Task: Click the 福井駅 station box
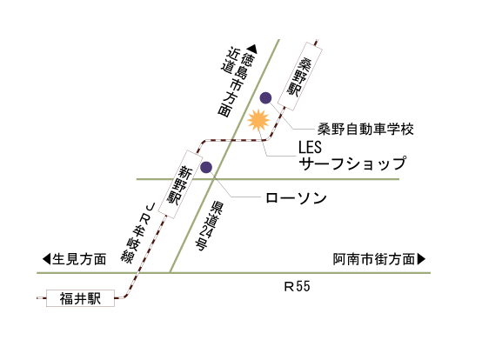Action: (x=80, y=298)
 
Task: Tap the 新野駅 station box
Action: (x=180, y=184)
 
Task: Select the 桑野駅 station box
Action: (x=300, y=77)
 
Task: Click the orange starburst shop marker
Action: (x=258, y=120)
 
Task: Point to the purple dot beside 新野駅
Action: (x=206, y=168)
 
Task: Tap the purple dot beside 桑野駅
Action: (x=265, y=98)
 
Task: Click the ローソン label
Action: (x=296, y=198)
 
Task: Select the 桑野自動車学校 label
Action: (x=365, y=129)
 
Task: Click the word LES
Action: (x=310, y=147)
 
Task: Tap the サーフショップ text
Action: (x=352, y=163)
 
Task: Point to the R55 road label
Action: (x=297, y=287)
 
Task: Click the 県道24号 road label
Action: (x=208, y=226)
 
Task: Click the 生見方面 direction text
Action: (x=79, y=259)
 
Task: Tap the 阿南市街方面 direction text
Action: (x=374, y=259)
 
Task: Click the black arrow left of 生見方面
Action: (x=46, y=259)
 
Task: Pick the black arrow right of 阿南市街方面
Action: (x=421, y=259)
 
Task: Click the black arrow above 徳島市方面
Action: (x=252, y=48)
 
